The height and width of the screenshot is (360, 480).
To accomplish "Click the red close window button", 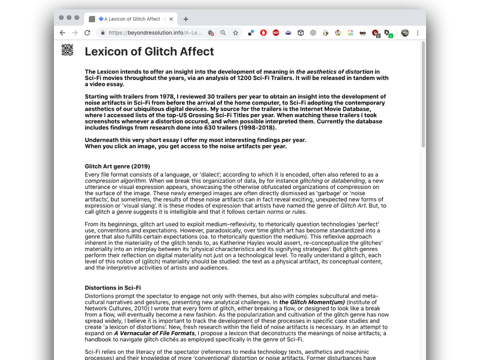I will coord(61,18).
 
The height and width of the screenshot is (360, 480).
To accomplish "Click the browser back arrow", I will coord(62,33).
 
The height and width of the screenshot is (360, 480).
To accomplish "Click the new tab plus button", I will coord(186,19).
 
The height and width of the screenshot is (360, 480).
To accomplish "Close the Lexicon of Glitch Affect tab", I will coord(171,19).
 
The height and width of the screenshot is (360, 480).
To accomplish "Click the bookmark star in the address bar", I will coord(235,33).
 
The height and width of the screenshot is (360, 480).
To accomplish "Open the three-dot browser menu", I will coord(418,33).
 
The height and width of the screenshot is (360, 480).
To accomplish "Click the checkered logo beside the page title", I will coord(67,50).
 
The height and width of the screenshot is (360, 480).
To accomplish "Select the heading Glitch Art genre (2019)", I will coord(117,166).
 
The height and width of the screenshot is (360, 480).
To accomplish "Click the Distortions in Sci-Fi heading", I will coord(112,288).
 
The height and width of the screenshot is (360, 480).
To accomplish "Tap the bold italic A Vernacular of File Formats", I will coord(154,333).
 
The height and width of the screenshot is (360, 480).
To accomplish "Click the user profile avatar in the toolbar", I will coord(405,33).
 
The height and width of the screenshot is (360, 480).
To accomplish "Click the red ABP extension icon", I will coord(276,33).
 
